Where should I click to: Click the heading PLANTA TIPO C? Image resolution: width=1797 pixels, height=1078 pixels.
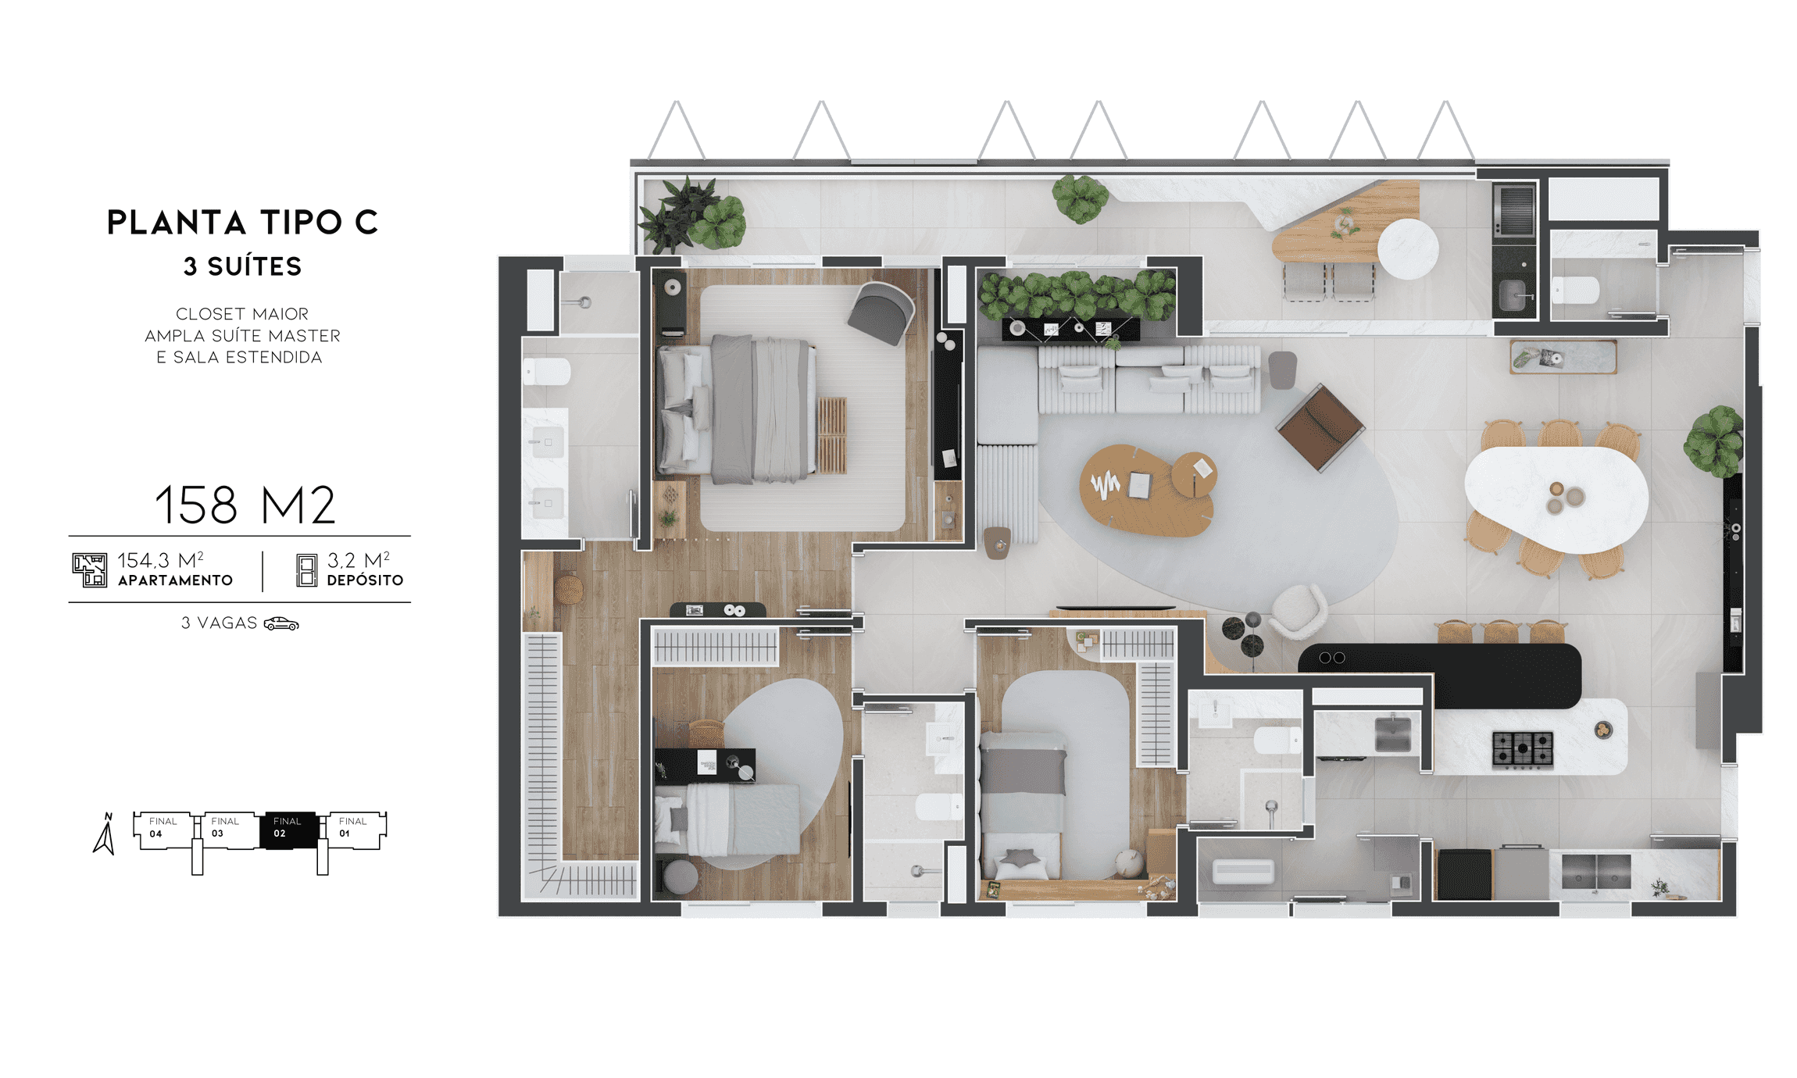pyautogui.click(x=242, y=223)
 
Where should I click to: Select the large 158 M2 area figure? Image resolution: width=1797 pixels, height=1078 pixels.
pyautogui.click(x=245, y=505)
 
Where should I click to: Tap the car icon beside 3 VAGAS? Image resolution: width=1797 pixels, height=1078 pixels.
pyautogui.click(x=281, y=623)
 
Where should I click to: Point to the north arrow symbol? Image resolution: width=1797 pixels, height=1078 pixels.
pyautogui.click(x=105, y=833)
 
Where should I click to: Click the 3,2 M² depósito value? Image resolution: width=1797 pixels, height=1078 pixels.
pyautogui.click(x=359, y=560)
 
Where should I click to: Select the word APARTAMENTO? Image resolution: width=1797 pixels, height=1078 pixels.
pyautogui.click(x=175, y=580)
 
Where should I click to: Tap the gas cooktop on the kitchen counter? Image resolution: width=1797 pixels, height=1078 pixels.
pyautogui.click(x=1522, y=748)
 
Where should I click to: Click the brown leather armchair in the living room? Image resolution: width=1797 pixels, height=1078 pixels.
pyautogui.click(x=1320, y=427)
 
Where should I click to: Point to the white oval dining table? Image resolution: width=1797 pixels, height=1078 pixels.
pyautogui.click(x=1556, y=497)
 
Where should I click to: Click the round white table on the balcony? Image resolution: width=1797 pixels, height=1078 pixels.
pyautogui.click(x=1408, y=248)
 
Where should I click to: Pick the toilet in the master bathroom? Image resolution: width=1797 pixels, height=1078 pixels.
pyautogui.click(x=546, y=372)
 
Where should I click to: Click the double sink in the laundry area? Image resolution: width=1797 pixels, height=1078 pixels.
pyautogui.click(x=1595, y=871)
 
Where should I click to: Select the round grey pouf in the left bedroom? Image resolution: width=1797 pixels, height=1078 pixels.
pyautogui.click(x=681, y=876)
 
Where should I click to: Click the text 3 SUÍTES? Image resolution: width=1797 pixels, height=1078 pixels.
pyautogui.click(x=242, y=266)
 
